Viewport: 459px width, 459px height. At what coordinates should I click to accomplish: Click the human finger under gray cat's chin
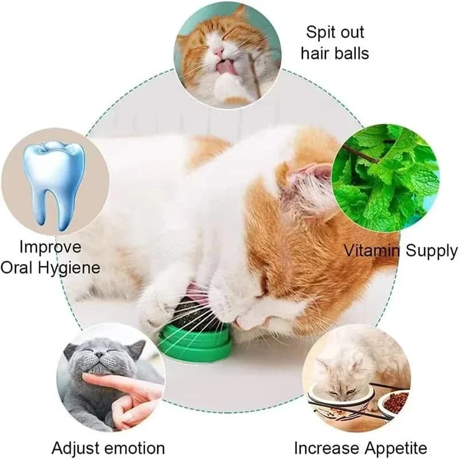[115, 382]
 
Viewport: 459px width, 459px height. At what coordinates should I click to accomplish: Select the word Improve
[50, 247]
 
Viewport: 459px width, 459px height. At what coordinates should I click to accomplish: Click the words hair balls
[335, 53]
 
